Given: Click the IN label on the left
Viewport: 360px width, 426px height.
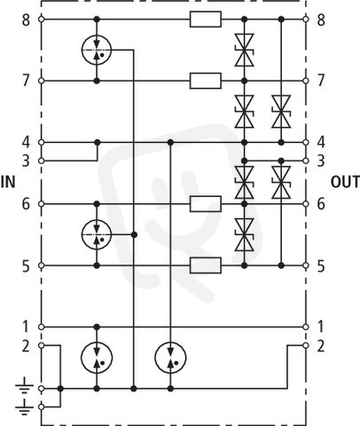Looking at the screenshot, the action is tap(8, 182).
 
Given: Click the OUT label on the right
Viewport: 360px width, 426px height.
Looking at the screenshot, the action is tap(345, 182).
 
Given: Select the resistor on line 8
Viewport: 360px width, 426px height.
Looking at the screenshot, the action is tap(206, 20).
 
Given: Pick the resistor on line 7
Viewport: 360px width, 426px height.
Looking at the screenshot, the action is tap(206, 81).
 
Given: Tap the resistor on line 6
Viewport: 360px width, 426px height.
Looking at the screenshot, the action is tap(206, 204).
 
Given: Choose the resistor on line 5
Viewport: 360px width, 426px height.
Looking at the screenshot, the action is tap(206, 265).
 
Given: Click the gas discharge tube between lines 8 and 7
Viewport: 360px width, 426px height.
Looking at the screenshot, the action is tap(97, 50).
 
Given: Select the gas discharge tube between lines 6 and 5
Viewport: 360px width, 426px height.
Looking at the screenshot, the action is tap(97, 234).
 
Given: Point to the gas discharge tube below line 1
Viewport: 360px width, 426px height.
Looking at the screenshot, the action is tap(97, 358).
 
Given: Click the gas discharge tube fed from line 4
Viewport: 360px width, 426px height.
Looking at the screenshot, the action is tap(170, 358).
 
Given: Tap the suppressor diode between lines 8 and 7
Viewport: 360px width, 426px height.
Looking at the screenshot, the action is tap(244, 50).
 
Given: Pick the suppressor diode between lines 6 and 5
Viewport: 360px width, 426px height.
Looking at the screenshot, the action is tap(244, 234).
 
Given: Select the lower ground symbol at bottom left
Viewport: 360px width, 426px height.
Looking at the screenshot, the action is tap(24, 407).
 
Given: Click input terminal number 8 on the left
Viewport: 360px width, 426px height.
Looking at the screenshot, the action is tap(42, 20).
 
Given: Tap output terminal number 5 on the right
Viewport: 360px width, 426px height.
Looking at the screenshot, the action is tap(306, 265).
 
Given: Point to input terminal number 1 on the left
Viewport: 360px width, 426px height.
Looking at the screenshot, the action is tap(42, 327).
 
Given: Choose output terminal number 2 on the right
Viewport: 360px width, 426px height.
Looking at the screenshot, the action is tap(306, 345).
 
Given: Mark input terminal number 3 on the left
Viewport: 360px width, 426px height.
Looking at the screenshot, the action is tap(42, 161).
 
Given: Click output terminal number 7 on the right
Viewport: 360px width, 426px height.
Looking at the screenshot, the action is tap(306, 81).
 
